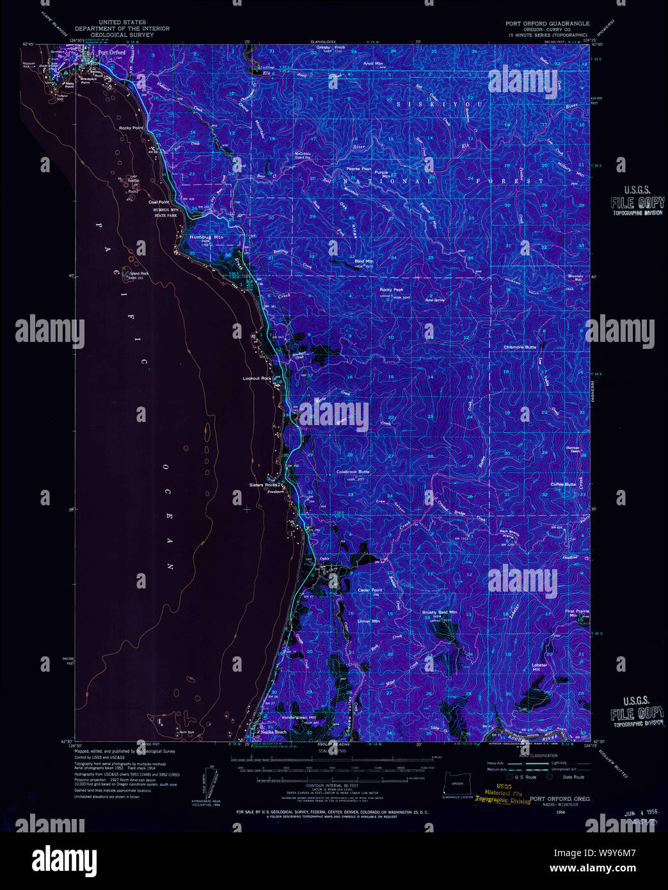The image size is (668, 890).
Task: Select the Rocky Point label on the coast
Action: tap(131, 128)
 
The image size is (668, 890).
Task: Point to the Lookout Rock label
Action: tap(257, 378)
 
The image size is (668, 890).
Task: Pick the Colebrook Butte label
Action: tap(353, 472)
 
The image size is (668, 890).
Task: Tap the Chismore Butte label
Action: tap(520, 347)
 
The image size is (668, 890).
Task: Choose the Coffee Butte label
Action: tap(563, 484)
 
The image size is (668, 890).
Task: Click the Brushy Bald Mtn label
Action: tap(440, 612)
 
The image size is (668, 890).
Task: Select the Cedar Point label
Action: tap(370, 590)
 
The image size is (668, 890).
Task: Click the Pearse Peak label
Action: tap(358, 169)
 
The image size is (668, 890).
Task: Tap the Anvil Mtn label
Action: tap(373, 64)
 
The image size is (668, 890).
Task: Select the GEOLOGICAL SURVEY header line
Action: tap(122, 35)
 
